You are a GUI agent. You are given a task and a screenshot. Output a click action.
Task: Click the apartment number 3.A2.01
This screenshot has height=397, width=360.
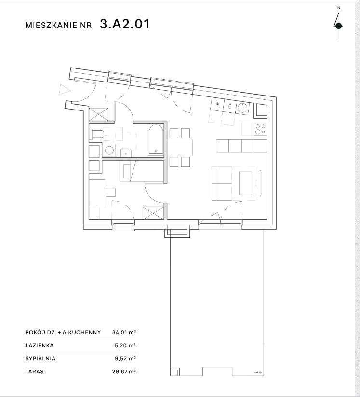pyautogui.click(x=124, y=25)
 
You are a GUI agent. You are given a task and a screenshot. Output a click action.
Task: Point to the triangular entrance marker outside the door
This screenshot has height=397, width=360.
pyautogui.click(x=63, y=89)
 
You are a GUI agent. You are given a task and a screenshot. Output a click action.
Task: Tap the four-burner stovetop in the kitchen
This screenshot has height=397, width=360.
pyautogui.click(x=260, y=129)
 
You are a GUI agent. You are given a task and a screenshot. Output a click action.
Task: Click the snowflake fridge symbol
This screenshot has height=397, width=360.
pyautogui.click(x=217, y=105)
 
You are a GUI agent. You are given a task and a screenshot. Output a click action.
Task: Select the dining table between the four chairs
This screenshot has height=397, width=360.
pyautogui.click(x=179, y=146)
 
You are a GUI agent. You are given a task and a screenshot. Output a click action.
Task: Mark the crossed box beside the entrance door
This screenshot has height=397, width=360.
pyautogui.click(x=100, y=114)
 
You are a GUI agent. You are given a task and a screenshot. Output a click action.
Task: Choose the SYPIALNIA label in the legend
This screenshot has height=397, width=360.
pyautogui.click(x=40, y=359)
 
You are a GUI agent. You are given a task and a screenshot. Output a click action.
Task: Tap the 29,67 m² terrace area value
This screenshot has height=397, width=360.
pyautogui.click(x=124, y=372)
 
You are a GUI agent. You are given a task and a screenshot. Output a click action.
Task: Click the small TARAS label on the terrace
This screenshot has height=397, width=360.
pyautogui.click(x=258, y=373)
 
